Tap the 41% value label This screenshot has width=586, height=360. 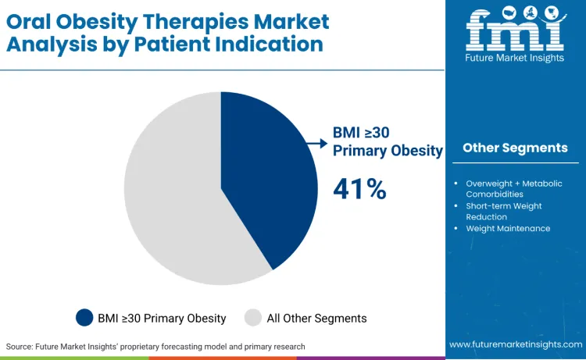tap(359, 189)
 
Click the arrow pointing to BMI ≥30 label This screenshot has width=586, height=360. tap(316, 143)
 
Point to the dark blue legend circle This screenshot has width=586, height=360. tap(84, 318)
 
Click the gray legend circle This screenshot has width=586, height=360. tap(253, 318)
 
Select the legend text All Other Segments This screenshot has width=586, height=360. tap(316, 318)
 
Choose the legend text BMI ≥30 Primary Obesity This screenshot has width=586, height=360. tap(162, 318)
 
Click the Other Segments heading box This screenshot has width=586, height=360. tap(515, 148)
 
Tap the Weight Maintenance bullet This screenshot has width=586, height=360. tap(508, 228)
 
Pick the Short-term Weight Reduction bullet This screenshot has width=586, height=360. tap(504, 211)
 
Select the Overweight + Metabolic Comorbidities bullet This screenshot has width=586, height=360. tap(513, 188)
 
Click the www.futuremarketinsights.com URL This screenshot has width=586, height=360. tap(515, 344)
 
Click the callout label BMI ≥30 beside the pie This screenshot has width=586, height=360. tap(361, 132)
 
